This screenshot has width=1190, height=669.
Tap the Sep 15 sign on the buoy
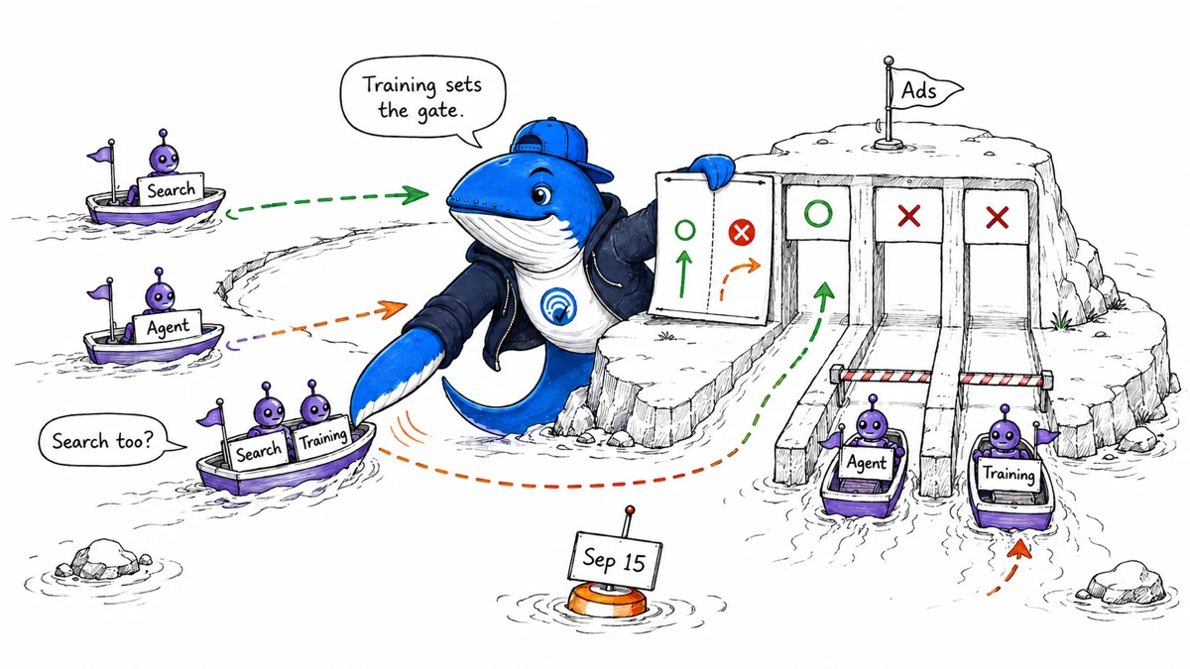click(615, 561)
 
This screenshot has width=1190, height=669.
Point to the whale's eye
click(540, 194)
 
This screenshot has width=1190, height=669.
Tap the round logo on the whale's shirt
click(558, 307)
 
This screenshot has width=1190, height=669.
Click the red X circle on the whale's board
click(742, 233)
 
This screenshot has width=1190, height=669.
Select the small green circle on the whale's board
click(685, 230)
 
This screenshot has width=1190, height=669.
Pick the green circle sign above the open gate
click(818, 212)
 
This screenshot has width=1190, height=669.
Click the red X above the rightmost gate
click(998, 217)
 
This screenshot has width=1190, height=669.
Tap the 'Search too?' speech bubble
click(106, 440)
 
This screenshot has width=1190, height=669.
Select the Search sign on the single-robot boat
click(171, 189)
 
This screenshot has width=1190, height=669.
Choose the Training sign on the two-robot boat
click(323, 438)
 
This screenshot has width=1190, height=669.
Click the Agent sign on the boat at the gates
click(867, 463)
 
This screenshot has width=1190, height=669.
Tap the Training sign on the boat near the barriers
click(1009, 473)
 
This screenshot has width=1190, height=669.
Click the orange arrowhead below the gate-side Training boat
click(1019, 549)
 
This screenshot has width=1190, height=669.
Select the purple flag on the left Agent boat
click(100, 292)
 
